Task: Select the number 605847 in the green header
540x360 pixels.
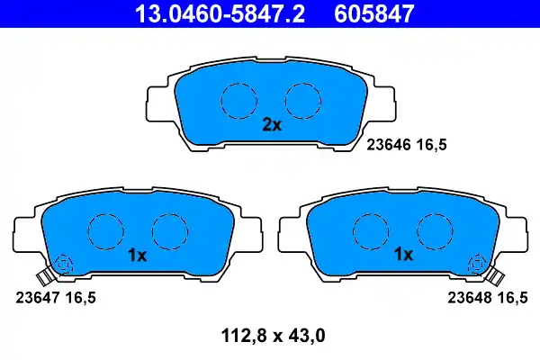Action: [x=376, y=14]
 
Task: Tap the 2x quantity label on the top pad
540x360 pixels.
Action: [x=272, y=126]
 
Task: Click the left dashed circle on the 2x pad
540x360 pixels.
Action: [x=239, y=98]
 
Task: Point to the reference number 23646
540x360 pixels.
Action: [x=388, y=142]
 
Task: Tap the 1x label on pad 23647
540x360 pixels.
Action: [x=137, y=255]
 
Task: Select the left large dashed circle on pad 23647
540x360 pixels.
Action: [x=106, y=231]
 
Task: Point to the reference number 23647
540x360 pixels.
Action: [x=38, y=295]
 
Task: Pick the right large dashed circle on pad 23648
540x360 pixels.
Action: [x=433, y=231]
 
